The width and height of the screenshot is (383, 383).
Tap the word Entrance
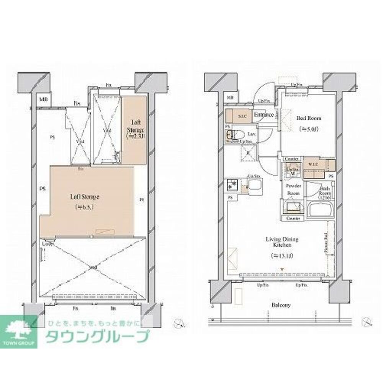(264, 115)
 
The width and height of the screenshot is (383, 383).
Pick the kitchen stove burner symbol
(231, 185)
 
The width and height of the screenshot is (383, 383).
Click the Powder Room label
(293, 190)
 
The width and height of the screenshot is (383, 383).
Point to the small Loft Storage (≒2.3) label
(135, 129)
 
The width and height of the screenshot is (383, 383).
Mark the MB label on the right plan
(230, 98)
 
